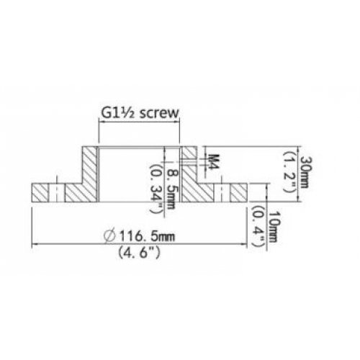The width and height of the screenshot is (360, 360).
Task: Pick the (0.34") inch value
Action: (156, 185)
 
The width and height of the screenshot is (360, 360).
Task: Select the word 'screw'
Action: (159, 114)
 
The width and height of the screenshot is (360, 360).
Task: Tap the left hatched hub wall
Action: (89, 172)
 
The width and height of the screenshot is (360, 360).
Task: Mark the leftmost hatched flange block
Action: (40, 192)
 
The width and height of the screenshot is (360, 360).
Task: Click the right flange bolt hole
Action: (225, 192)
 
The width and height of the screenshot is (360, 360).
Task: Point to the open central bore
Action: (137, 173)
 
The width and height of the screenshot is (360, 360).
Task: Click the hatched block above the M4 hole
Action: (188, 152)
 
